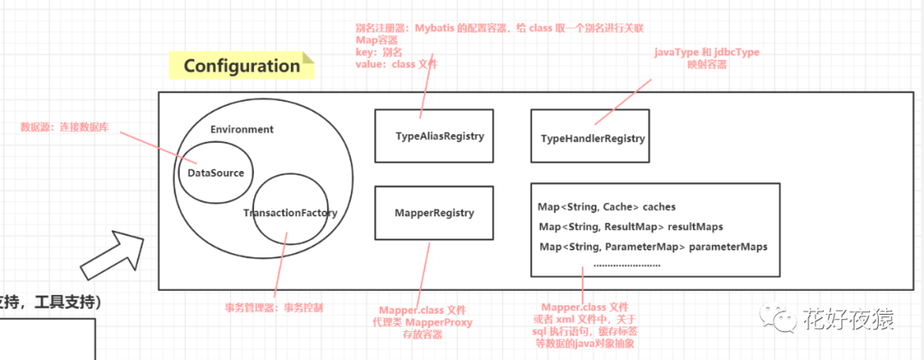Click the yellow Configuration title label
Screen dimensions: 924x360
(x=240, y=66)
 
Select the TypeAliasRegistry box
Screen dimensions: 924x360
(x=435, y=136)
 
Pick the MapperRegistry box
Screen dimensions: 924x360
(x=435, y=212)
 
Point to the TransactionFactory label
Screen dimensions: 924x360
(x=290, y=213)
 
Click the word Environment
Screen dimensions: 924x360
(x=241, y=130)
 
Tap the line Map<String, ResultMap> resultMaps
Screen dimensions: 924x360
(x=631, y=227)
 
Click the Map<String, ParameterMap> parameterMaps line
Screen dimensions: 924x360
(x=653, y=246)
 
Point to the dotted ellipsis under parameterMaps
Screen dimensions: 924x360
(x=626, y=264)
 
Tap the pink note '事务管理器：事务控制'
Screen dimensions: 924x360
(x=274, y=306)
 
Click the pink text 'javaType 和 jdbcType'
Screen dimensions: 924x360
(x=707, y=53)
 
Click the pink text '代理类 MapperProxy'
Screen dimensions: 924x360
(x=426, y=323)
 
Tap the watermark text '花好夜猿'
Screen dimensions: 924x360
(x=848, y=320)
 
